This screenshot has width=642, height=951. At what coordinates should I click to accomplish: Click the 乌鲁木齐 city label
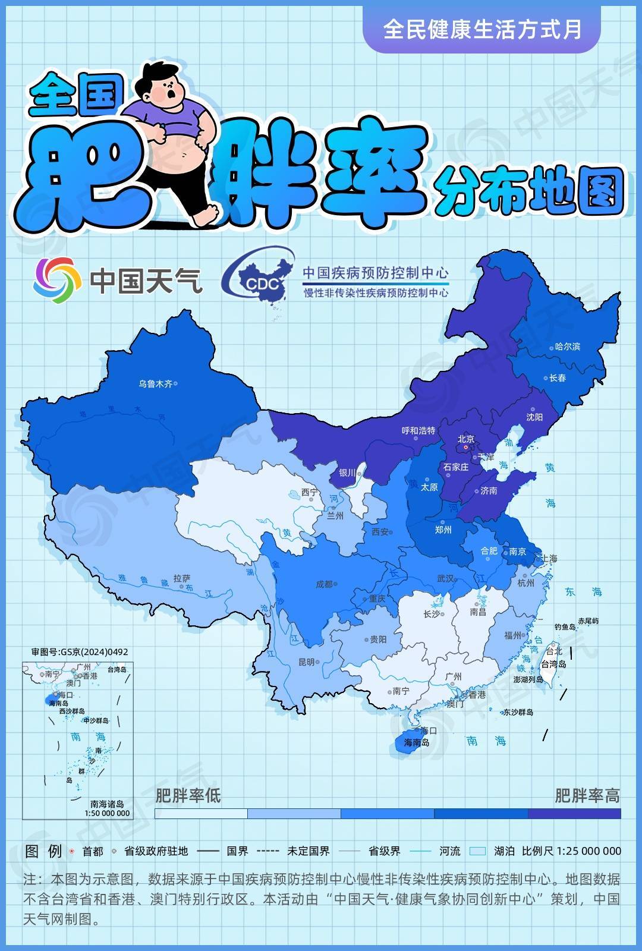tap(155, 384)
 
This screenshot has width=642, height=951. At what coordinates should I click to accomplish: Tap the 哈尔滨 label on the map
tap(567, 347)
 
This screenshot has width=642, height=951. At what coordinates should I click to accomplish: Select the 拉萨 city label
tap(181, 578)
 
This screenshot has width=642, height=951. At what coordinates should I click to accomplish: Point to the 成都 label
tap(324, 584)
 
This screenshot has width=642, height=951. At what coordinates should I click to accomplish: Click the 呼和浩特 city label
tap(418, 430)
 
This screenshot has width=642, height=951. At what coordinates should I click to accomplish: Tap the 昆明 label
tap(306, 662)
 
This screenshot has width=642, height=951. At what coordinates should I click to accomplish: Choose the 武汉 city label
tap(445, 578)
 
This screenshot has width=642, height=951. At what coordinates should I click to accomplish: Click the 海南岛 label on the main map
tap(416, 742)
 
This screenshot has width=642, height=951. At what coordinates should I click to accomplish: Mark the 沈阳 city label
tap(534, 417)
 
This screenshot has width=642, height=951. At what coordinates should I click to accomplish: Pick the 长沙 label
tap(432, 614)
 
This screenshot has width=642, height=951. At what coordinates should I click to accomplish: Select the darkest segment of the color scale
tap(574, 814)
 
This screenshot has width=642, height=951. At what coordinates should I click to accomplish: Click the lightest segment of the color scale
tap(200, 814)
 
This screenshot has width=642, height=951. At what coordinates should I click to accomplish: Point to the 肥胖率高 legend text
tap(587, 795)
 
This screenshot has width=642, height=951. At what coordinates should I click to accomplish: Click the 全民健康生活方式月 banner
tap(481, 29)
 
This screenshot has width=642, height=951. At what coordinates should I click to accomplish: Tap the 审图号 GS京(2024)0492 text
tap(80, 652)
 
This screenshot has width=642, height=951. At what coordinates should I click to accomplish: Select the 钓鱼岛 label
tap(565, 626)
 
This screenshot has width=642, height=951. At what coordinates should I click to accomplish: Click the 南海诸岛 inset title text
tap(107, 804)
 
